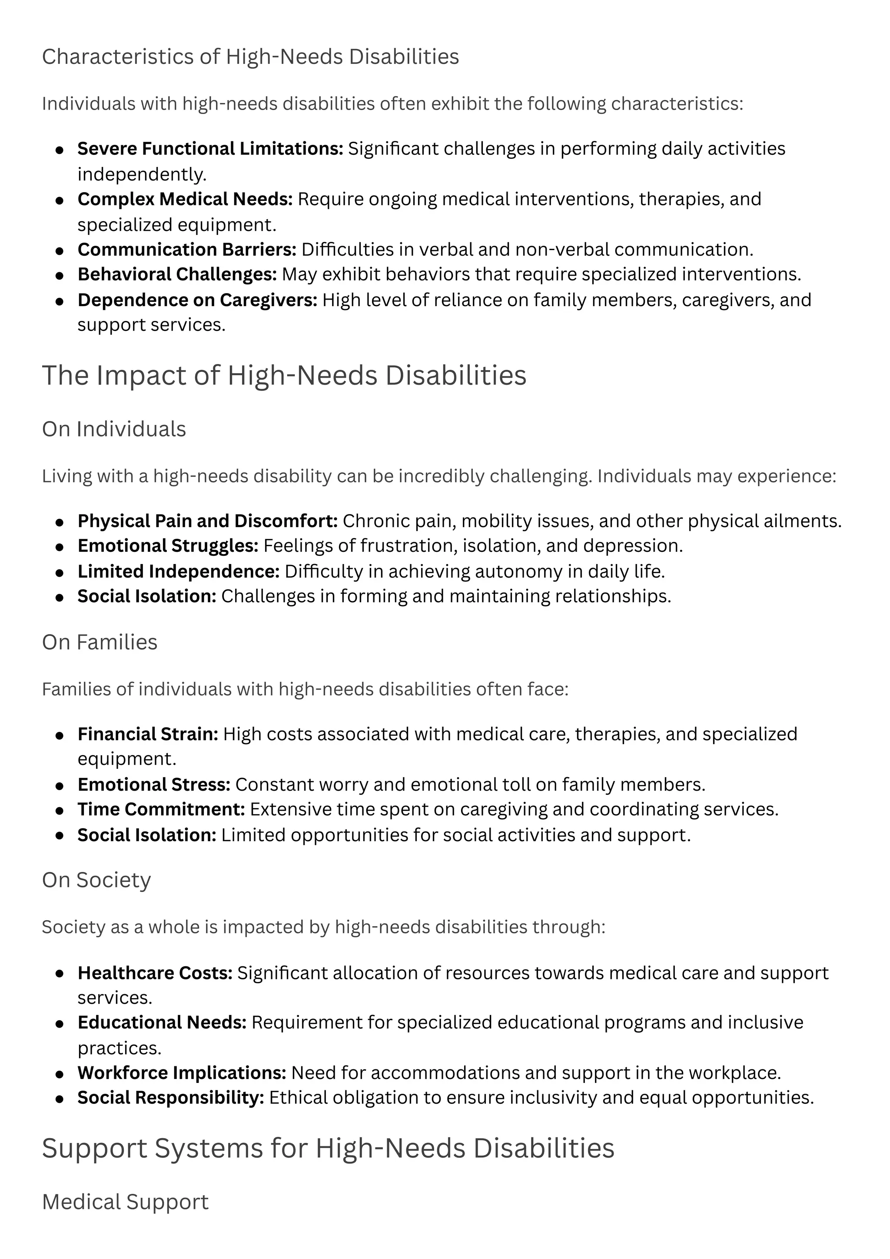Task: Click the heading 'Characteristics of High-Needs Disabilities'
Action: [x=250, y=57]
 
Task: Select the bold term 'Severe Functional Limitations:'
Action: [x=210, y=149]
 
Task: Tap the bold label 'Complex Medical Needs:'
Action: [x=185, y=199]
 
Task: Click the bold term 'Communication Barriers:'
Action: [x=186, y=250]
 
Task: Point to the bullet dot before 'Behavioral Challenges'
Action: [x=60, y=276]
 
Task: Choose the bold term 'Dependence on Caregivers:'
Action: [x=197, y=300]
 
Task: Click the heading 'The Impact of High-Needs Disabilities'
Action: [x=284, y=376]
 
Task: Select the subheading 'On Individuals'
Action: [x=114, y=429]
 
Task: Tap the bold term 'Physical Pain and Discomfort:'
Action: [x=208, y=521]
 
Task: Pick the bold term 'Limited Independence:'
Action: [x=179, y=571]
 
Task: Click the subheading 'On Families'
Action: [x=100, y=642]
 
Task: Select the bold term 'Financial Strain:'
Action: [x=147, y=734]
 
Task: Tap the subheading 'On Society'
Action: [x=96, y=880]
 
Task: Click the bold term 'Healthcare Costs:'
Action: [x=155, y=973]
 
